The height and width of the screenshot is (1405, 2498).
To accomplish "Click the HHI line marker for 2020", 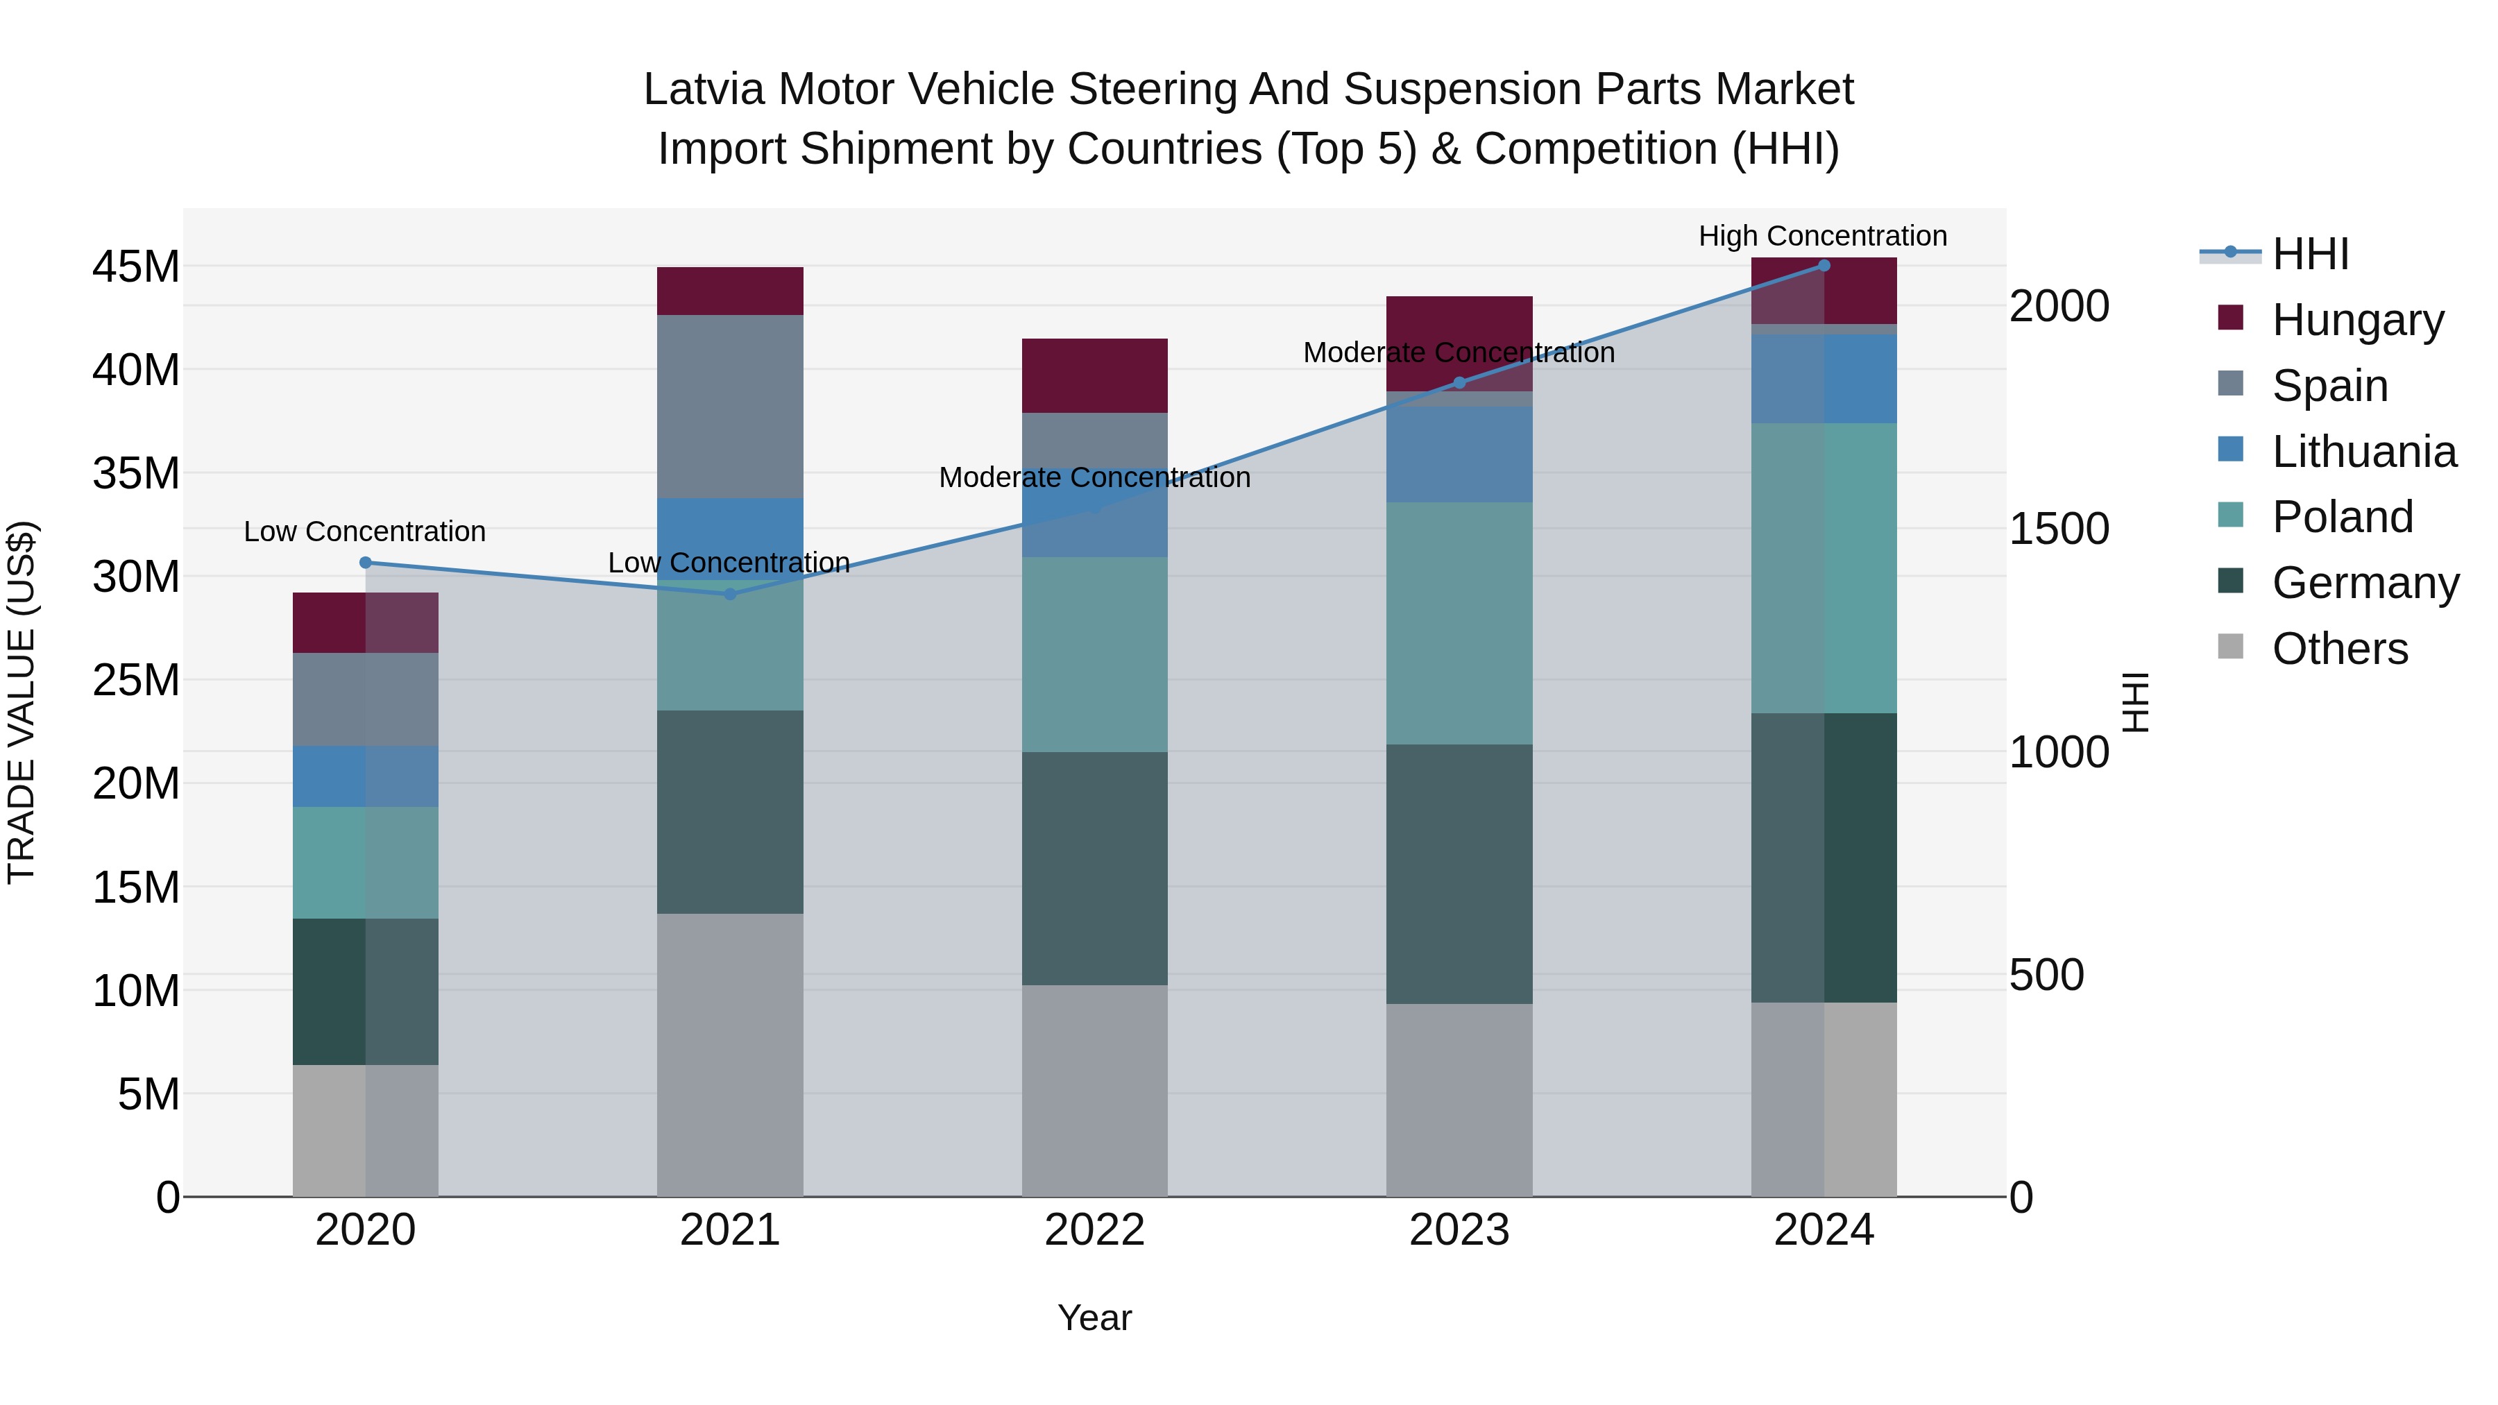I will click(x=366, y=563).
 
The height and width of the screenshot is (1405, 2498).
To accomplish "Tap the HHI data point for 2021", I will click(x=730, y=595).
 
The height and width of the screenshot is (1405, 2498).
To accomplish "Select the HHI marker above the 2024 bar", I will click(x=1824, y=266).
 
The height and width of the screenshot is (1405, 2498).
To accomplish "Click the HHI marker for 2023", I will click(x=1459, y=383).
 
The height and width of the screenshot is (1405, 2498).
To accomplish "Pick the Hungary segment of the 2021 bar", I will click(x=730, y=291).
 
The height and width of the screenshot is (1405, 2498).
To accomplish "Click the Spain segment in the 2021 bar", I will click(x=730, y=407).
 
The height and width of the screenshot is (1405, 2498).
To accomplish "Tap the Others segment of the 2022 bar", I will click(x=1095, y=1091).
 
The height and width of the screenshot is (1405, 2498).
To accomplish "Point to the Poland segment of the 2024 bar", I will click(x=1824, y=568).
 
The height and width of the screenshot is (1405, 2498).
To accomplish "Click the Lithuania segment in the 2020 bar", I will click(x=366, y=776).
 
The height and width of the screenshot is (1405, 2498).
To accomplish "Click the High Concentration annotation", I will click(x=1822, y=236).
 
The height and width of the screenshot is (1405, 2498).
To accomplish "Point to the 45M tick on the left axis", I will click(x=136, y=266).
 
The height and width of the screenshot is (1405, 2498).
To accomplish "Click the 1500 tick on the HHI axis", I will click(x=2059, y=529).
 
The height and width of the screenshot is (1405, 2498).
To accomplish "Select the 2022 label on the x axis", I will click(x=1095, y=1230).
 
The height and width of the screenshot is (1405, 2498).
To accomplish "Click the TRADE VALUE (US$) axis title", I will click(x=22, y=702).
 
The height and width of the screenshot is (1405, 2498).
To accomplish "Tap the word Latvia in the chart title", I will click(x=704, y=90).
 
